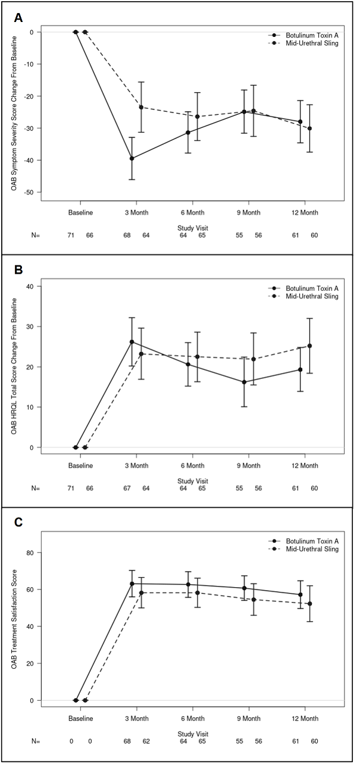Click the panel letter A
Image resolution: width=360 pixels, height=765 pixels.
[x=18, y=18]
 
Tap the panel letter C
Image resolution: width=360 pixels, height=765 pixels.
[x=18, y=522]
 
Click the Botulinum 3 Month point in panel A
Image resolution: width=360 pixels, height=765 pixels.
[x=132, y=158]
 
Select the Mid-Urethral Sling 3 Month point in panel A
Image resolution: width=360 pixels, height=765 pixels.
[x=141, y=107]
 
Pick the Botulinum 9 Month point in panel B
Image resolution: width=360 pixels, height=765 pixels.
[x=244, y=382]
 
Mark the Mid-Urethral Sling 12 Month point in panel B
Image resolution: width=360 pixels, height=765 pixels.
[x=309, y=346]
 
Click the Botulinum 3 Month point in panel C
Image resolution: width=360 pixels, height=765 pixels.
[x=132, y=584]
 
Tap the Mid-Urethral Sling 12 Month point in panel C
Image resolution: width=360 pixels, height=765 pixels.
[x=309, y=604]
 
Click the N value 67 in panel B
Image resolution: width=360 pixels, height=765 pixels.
[x=127, y=488]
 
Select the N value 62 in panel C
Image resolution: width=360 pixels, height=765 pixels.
[x=146, y=741]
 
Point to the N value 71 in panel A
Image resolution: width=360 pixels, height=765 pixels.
[x=71, y=236]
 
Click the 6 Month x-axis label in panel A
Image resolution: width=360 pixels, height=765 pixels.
[x=193, y=213]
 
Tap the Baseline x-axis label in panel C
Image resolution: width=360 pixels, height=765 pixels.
[x=80, y=719]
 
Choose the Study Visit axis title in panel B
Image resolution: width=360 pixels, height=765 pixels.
[x=193, y=481]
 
